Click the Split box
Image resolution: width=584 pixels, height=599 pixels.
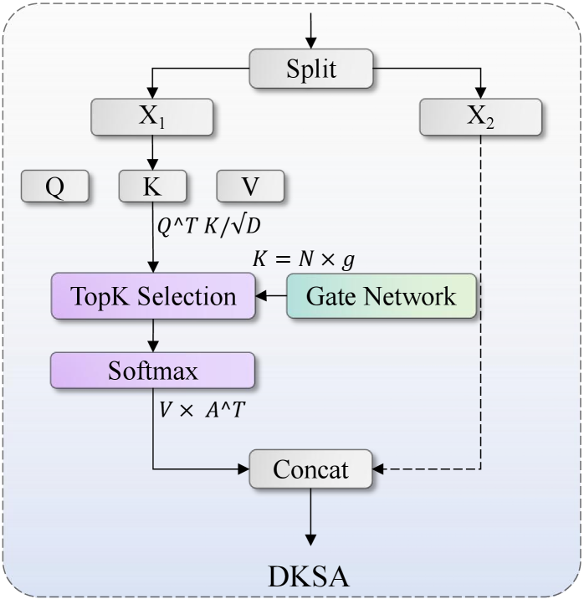click(x=311, y=69)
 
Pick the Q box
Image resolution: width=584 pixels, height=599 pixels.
click(x=54, y=186)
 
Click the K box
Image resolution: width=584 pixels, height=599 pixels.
click(x=151, y=186)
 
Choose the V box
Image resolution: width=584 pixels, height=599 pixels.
click(x=250, y=186)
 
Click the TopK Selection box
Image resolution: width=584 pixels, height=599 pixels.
click(x=152, y=296)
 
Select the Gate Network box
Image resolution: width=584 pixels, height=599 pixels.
click(x=382, y=296)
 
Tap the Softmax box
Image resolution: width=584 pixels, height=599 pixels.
click(x=152, y=371)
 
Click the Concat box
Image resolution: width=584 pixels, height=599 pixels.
click(x=310, y=468)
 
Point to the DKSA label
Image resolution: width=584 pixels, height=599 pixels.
click(x=309, y=576)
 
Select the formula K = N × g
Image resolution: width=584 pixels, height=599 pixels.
click(x=303, y=259)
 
